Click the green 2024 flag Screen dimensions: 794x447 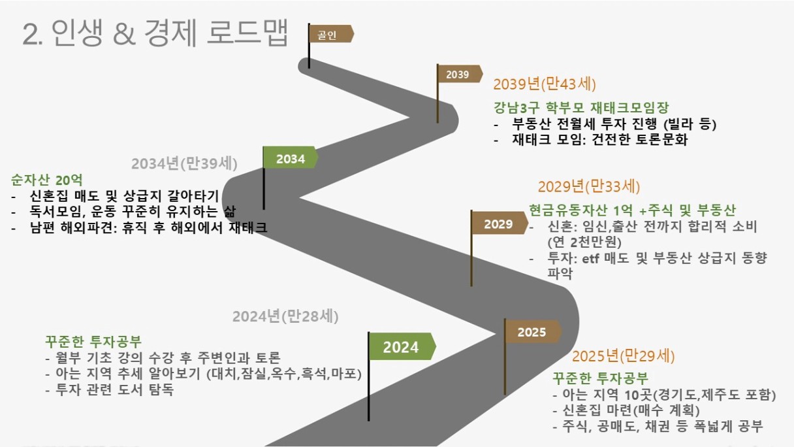click(402, 346)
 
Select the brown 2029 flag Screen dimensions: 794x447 click(499, 223)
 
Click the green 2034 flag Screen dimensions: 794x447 click(290, 158)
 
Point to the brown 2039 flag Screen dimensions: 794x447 click(458, 74)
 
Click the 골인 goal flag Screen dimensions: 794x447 click(330, 34)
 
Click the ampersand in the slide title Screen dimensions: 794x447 click(125, 34)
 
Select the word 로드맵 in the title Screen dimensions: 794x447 click(247, 33)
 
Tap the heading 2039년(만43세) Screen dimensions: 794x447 click(545, 84)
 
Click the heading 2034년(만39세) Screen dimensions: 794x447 click(184, 163)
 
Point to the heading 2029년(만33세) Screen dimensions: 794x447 click(589, 187)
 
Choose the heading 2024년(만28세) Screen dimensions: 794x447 click(285, 316)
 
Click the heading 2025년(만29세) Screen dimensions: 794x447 click(623, 356)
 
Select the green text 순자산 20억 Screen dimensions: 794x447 click(46, 180)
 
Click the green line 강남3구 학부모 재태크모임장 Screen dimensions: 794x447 click(581, 107)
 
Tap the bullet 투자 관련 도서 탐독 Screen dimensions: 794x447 click(110, 390)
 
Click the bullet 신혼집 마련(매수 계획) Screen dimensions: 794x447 click(626, 410)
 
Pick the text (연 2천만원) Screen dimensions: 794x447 click(584, 242)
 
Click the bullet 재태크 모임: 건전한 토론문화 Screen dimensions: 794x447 click(591, 139)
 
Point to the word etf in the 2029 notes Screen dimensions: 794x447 click(591, 258)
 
